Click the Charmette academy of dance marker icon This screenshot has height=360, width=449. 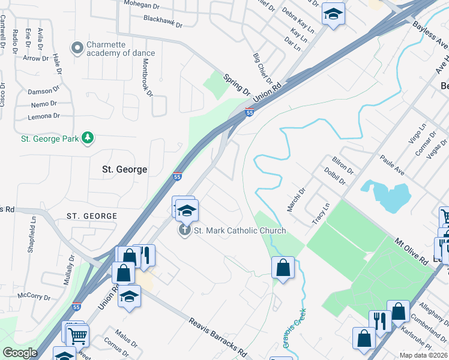[x=77, y=47]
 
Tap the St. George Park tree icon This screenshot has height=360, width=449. [x=88, y=138]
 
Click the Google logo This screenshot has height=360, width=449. [x=20, y=353]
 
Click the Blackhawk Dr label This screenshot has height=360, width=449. [x=163, y=22]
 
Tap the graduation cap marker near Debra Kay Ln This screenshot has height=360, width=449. [x=333, y=14]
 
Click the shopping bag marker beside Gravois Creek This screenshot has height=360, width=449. [x=283, y=267]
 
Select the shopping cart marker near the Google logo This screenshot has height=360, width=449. [x=77, y=337]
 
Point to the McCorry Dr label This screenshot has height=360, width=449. [x=34, y=296]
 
